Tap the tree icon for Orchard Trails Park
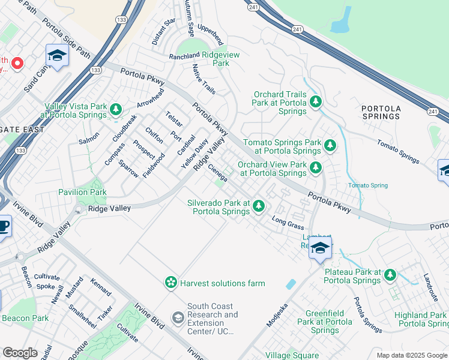point(316,103)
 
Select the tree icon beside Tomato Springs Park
point(329,145)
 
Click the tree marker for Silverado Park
point(259,206)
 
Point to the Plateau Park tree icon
point(390,275)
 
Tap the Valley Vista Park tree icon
point(116,109)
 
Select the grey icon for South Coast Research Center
point(178,317)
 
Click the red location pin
point(17,62)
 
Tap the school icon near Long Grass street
point(321,247)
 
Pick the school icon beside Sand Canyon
point(57,55)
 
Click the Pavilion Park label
point(82,192)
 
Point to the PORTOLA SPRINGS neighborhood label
point(381,112)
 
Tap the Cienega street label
point(217,173)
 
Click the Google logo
point(20,353)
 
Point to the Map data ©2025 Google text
point(411,355)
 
